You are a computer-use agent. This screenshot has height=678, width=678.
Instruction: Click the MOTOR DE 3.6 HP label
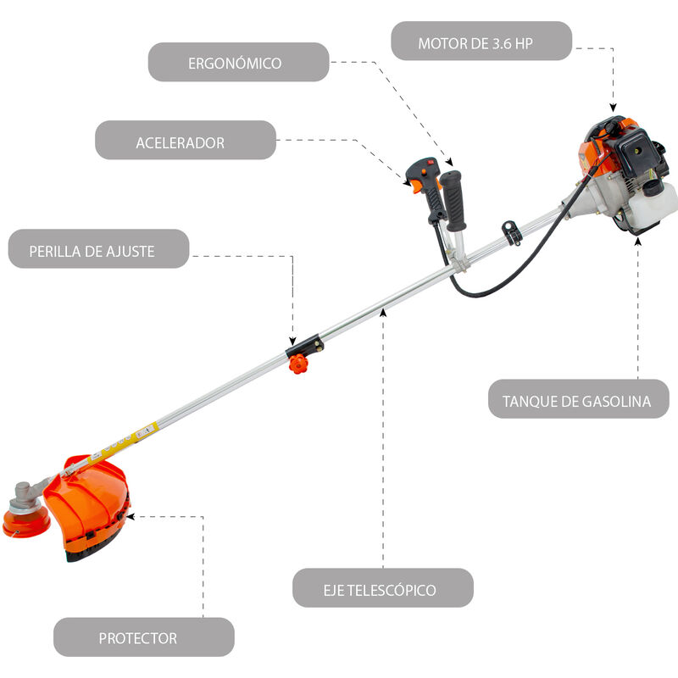click(x=481, y=42)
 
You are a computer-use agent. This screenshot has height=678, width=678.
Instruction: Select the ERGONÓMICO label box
click(x=238, y=63)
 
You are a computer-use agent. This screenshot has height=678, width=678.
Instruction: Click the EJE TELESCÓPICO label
click(x=382, y=588)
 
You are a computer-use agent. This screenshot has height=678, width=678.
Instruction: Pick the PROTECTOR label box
click(x=143, y=637)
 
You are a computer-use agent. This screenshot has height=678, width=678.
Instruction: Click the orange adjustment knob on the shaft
click(x=297, y=364)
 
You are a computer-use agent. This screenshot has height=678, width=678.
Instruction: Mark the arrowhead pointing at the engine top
click(x=612, y=108)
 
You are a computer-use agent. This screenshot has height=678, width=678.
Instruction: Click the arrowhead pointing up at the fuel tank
click(x=638, y=241)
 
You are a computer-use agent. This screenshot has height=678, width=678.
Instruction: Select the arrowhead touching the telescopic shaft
click(x=383, y=312)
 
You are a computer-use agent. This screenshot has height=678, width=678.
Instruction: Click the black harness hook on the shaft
click(x=511, y=231)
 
